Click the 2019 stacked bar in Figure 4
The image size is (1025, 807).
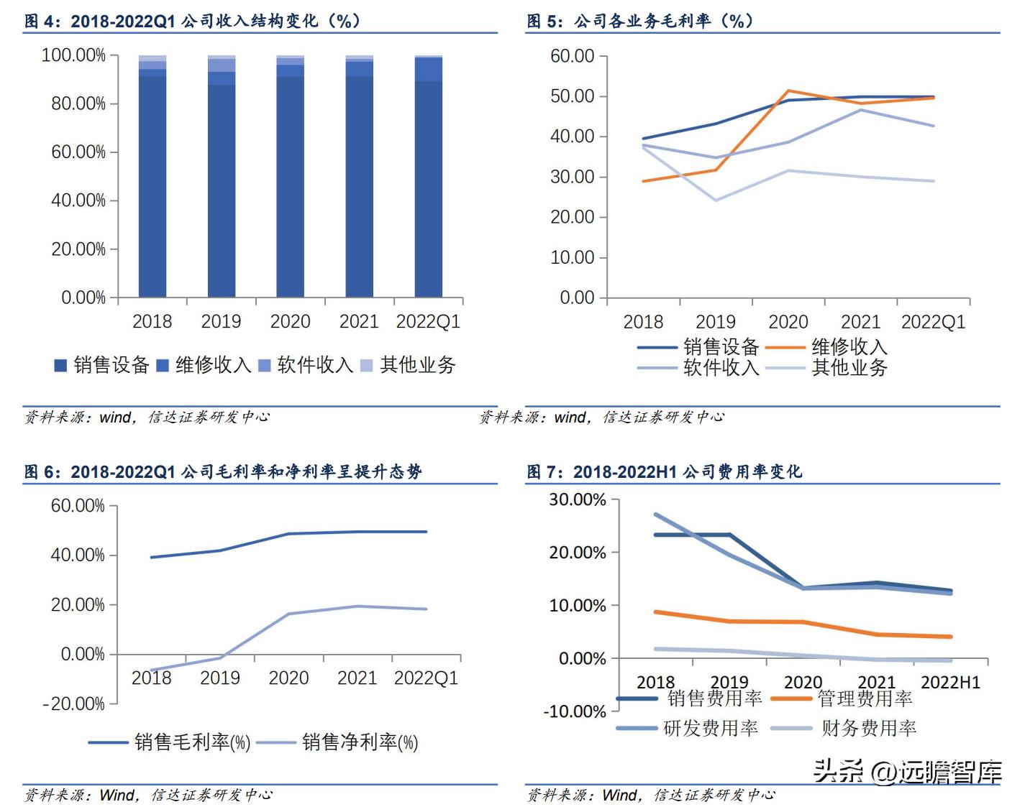(222, 176)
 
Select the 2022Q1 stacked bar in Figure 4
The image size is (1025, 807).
(429, 176)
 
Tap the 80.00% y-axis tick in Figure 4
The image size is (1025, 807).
(78, 103)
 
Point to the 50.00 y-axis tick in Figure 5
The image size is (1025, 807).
(573, 96)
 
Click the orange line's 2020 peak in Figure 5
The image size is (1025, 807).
(788, 91)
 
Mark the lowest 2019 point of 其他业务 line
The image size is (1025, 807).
(716, 200)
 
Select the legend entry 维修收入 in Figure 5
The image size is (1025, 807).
(849, 347)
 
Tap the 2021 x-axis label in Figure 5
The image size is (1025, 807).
(860, 322)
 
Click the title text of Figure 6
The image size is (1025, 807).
(223, 472)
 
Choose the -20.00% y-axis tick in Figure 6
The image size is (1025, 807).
(74, 704)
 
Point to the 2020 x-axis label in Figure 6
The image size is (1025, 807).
(288, 678)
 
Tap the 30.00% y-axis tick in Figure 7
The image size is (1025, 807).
(578, 499)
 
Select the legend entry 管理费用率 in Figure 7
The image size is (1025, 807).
(865, 698)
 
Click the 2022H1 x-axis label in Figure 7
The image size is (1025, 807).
(950, 682)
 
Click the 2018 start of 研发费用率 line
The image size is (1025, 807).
(656, 515)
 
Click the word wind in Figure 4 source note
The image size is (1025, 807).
(115, 418)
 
